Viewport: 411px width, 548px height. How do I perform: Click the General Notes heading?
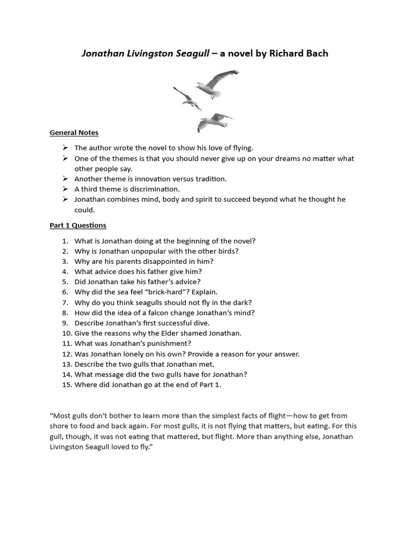(74, 132)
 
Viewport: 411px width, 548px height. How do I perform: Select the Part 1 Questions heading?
(78, 225)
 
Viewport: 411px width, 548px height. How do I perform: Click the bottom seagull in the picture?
(214, 121)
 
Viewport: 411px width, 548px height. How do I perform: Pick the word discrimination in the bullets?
(149, 189)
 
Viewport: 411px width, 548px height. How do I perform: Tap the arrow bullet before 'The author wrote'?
(65, 148)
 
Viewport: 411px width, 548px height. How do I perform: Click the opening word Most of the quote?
(62, 416)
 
